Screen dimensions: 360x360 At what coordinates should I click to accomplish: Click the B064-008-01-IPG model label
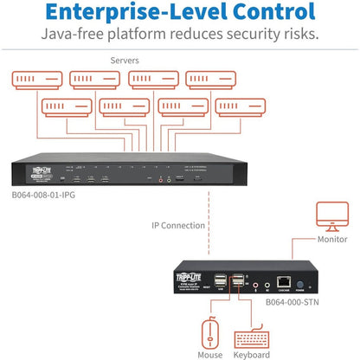pyautogui.click(x=50, y=195)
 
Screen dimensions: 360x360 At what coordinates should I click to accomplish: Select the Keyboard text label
pyautogui.click(x=248, y=354)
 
